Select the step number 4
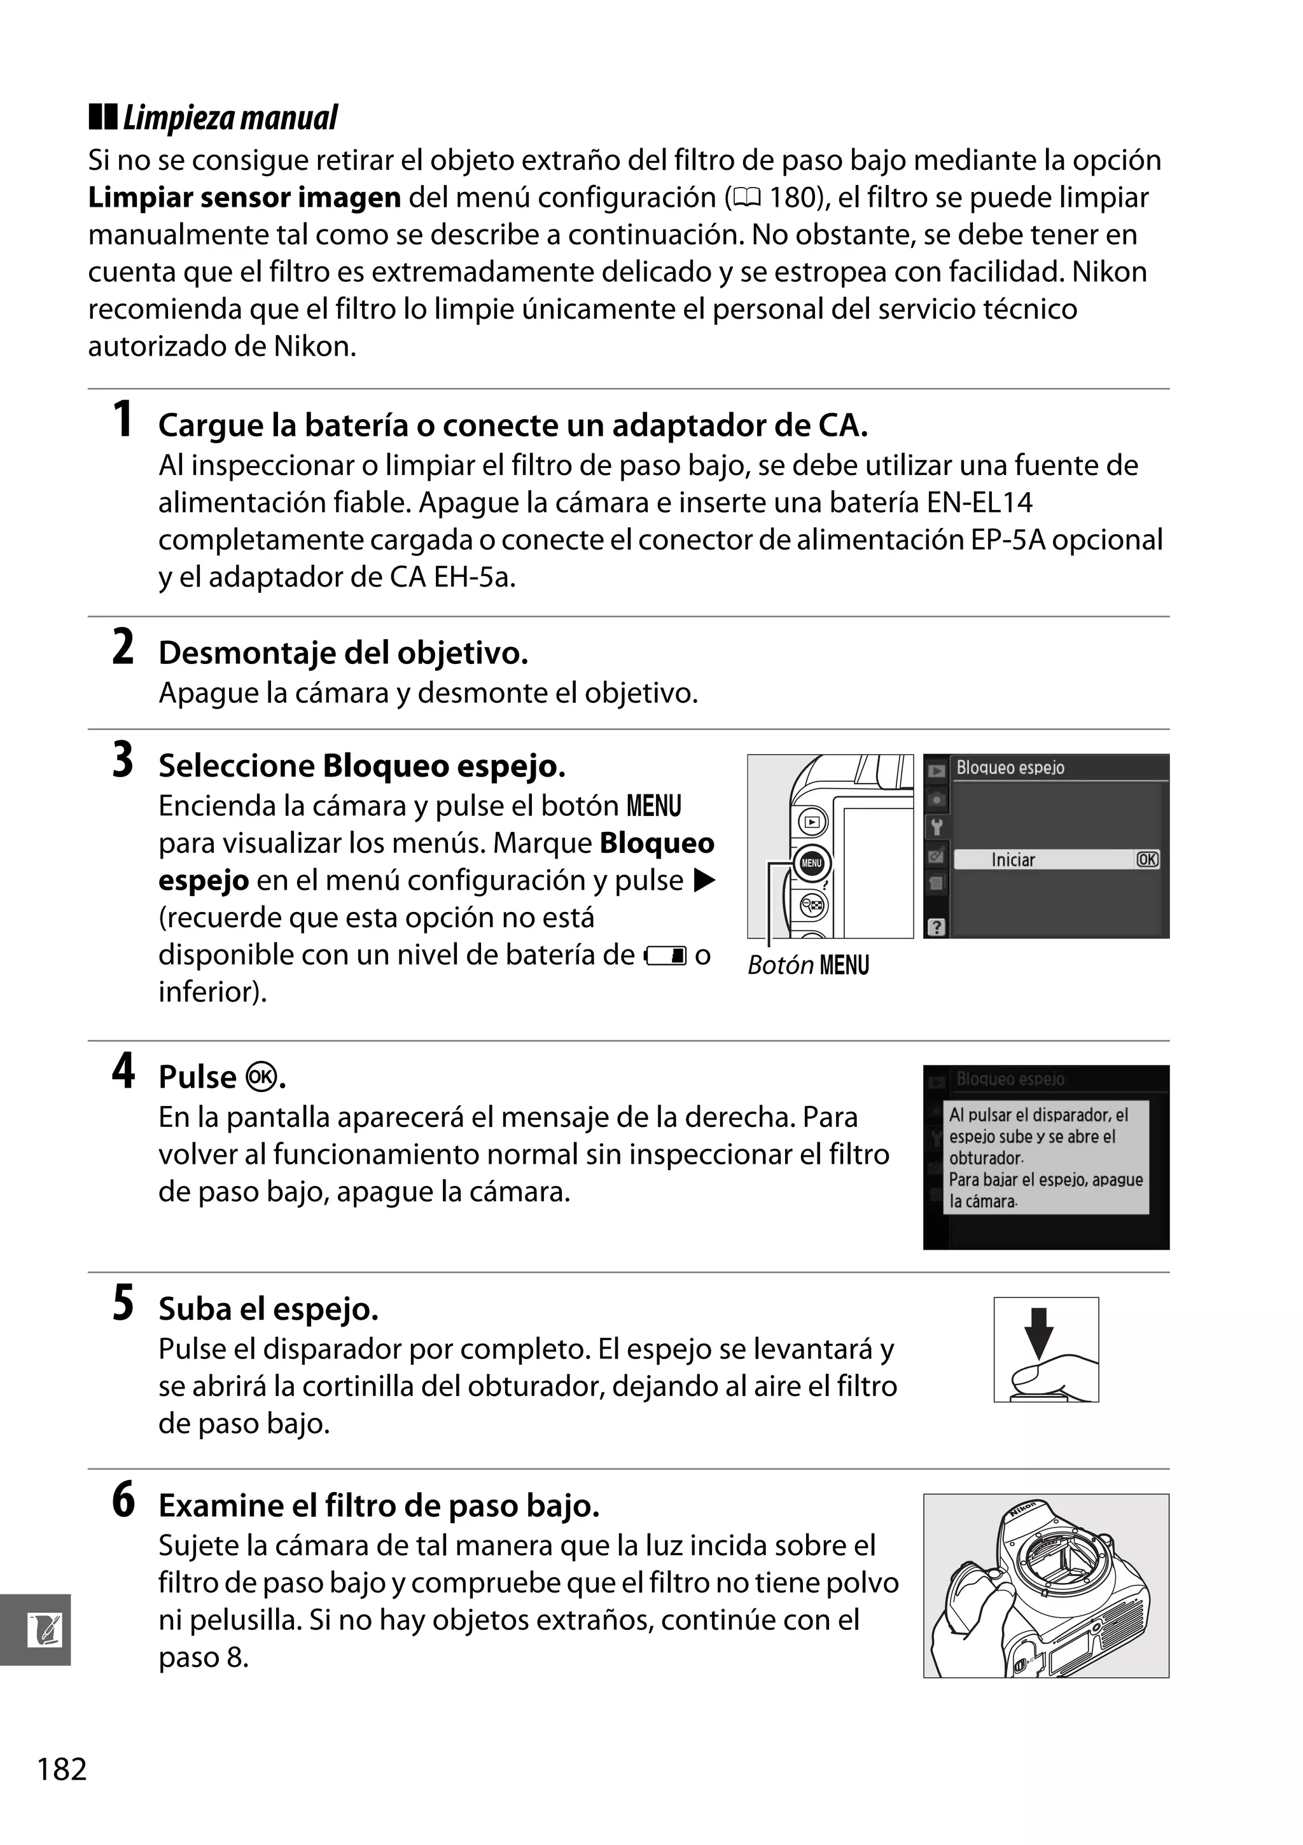(x=123, y=1072)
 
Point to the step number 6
(x=123, y=1500)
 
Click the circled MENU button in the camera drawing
(x=811, y=863)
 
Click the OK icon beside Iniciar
(x=1147, y=860)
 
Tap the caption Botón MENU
(x=808, y=965)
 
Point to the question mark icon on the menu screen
(x=936, y=927)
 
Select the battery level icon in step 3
(x=665, y=955)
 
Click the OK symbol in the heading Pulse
(x=263, y=1077)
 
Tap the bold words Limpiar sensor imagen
(x=244, y=198)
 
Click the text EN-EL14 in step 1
(x=979, y=502)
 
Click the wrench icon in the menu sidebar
(x=936, y=826)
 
